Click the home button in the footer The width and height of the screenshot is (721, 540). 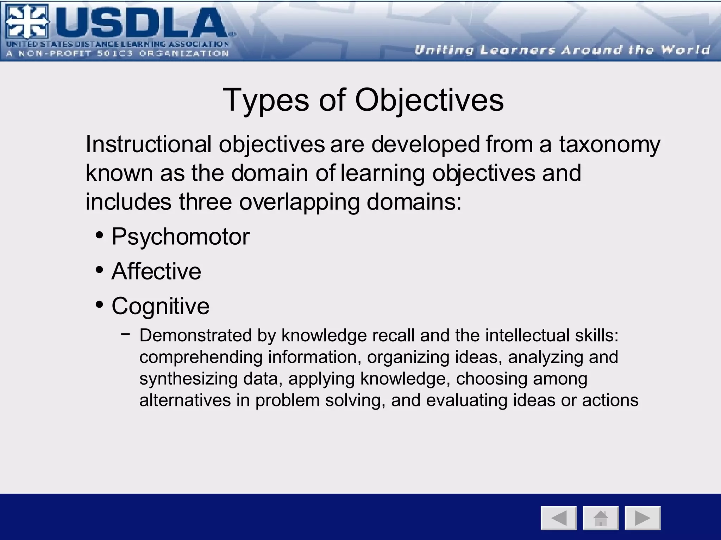pos(601,518)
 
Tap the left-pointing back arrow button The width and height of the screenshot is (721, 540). pos(559,518)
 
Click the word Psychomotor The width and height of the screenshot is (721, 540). pos(180,237)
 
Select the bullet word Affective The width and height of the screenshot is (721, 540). pos(156,271)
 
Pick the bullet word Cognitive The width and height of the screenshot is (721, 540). pos(160,306)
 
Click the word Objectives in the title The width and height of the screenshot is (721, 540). pos(429,100)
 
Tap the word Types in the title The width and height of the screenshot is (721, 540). pos(266,100)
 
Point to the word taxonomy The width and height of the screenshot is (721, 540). pos(609,144)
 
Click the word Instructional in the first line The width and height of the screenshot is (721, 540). pos(148,144)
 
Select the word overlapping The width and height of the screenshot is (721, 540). pos(299,202)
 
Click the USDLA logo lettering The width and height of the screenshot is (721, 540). pos(141,24)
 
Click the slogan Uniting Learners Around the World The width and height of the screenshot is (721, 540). pos(562,50)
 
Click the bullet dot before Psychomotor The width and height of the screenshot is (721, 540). pos(100,235)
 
